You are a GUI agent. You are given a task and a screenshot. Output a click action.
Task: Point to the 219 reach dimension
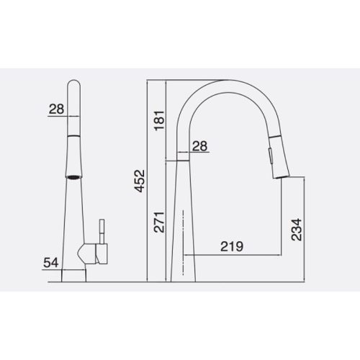pyautogui.click(x=232, y=246)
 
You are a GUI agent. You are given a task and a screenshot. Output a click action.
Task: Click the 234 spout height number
pyautogui.click(x=297, y=230)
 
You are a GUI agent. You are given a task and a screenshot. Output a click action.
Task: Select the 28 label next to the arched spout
pyautogui.click(x=200, y=145)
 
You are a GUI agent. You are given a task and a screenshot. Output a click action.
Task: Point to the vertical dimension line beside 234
pyautogui.click(x=306, y=230)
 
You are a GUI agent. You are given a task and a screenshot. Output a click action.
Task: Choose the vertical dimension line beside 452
pyautogui.click(x=148, y=180)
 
